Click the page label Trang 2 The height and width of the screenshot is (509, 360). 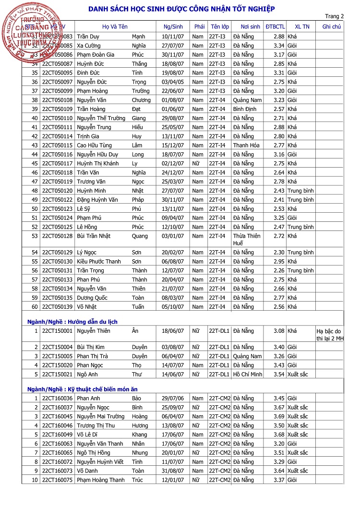pyautogui.click(x=335, y=16)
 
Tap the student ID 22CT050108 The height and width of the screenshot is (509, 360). pyautogui.click(x=57, y=100)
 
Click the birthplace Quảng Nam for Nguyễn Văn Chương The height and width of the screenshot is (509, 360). pyautogui.click(x=247, y=100)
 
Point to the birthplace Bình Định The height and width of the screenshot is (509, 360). pyautogui.click(x=245, y=109)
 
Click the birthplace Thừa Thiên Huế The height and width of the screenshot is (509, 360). pyautogui.click(x=246, y=240)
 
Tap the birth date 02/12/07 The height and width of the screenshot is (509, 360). pyautogui.click(x=172, y=163)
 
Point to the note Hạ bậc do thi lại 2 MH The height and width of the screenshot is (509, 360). pyautogui.click(x=330, y=335)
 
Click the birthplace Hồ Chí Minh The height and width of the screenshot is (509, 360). pyautogui.click(x=248, y=375)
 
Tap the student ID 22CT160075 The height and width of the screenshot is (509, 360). pyautogui.click(x=57, y=480)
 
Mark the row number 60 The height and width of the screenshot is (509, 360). pyautogui.click(x=35, y=307)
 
